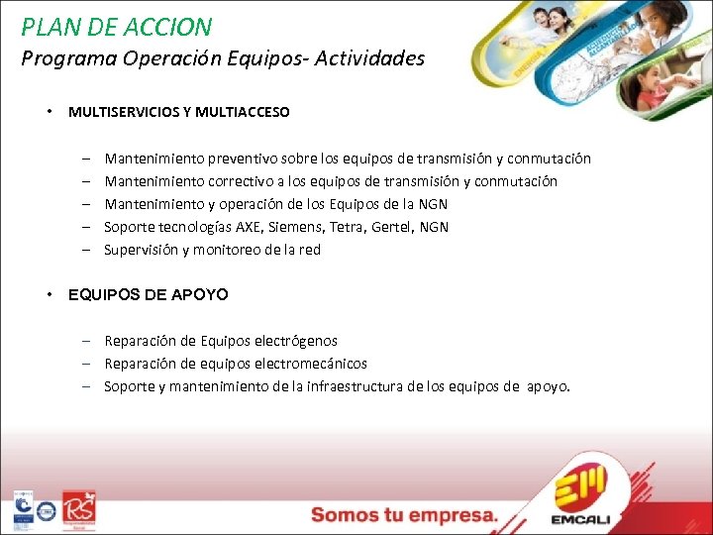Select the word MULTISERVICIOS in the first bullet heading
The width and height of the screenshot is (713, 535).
click(x=117, y=112)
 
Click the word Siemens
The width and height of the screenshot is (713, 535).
click(x=299, y=227)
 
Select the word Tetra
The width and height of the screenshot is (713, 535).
click(x=348, y=227)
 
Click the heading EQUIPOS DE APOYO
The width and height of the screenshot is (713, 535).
click(x=148, y=294)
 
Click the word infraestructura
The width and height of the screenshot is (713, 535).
click(x=356, y=386)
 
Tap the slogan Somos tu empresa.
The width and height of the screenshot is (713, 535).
click(x=403, y=515)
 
